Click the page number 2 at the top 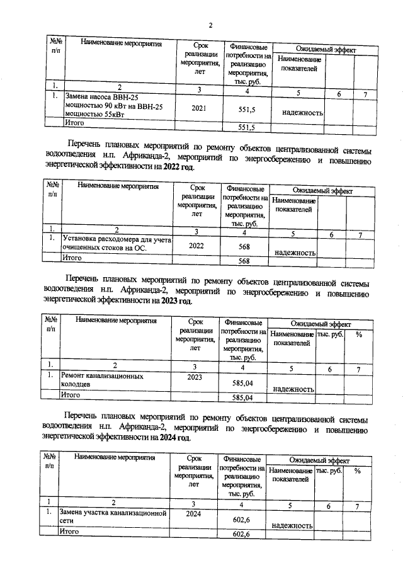211,25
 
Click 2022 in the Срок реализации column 196,245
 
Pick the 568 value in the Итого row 245,261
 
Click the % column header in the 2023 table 358,334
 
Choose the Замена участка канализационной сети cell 111,517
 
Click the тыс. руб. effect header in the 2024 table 329,471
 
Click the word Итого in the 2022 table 75,258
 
